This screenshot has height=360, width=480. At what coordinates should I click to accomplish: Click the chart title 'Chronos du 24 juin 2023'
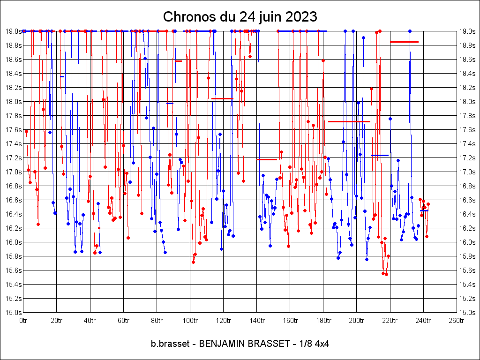(x=240, y=17)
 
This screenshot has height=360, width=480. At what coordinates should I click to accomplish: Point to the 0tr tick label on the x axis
(x=23, y=321)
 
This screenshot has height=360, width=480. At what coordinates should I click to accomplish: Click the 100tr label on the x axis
(x=190, y=321)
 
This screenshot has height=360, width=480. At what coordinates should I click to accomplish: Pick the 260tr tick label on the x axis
(x=457, y=321)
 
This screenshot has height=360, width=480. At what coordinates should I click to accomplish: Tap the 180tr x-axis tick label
(x=323, y=321)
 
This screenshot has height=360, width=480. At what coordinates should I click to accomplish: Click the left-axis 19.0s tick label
(x=13, y=31)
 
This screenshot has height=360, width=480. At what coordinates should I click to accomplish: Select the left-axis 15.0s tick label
(x=13, y=312)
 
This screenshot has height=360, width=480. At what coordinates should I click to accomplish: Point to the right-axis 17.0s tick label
(x=467, y=172)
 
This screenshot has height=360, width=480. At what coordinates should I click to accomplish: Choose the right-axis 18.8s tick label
(x=467, y=45)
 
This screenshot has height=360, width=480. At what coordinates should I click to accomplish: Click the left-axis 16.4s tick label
(x=13, y=214)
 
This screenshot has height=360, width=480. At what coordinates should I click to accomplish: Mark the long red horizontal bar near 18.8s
(x=404, y=42)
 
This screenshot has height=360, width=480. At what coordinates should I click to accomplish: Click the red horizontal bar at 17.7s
(x=349, y=121)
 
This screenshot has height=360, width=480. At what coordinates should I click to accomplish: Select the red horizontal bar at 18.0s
(x=222, y=98)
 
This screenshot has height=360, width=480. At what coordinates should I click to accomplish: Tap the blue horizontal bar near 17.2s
(x=380, y=155)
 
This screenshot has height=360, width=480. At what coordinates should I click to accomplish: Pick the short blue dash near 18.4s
(x=62, y=76)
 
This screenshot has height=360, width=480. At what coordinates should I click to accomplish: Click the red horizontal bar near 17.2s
(x=267, y=159)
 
